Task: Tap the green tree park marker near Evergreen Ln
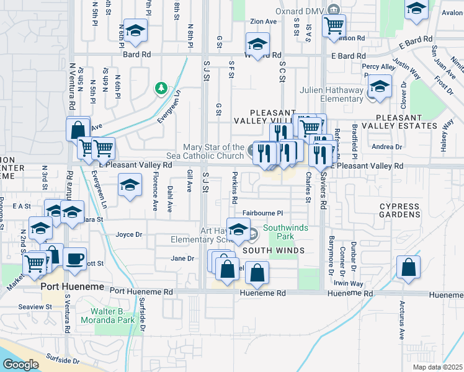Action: click(x=161, y=88)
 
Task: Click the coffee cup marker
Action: click(x=75, y=259)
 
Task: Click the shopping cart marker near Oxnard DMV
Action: click(x=334, y=25)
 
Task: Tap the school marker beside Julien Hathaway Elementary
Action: click(x=379, y=86)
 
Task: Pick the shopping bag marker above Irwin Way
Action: click(x=408, y=268)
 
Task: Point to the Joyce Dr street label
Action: click(x=129, y=234)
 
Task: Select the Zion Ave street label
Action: click(x=263, y=20)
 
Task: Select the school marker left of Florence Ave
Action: click(x=129, y=186)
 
